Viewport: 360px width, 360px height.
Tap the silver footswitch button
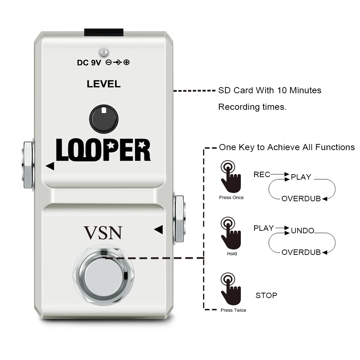(x=103, y=275)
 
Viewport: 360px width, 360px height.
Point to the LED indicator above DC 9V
(x=104, y=53)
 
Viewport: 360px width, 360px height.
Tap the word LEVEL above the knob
(x=104, y=84)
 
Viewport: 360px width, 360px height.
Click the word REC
(x=262, y=175)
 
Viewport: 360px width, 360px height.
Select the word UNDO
(x=302, y=231)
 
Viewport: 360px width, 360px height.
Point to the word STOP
(x=266, y=296)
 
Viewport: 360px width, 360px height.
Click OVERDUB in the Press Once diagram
(x=301, y=199)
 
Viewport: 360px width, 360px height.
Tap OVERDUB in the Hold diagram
(x=301, y=252)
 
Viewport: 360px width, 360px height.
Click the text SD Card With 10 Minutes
(x=270, y=90)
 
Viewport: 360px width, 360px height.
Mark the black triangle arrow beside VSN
(x=158, y=229)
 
